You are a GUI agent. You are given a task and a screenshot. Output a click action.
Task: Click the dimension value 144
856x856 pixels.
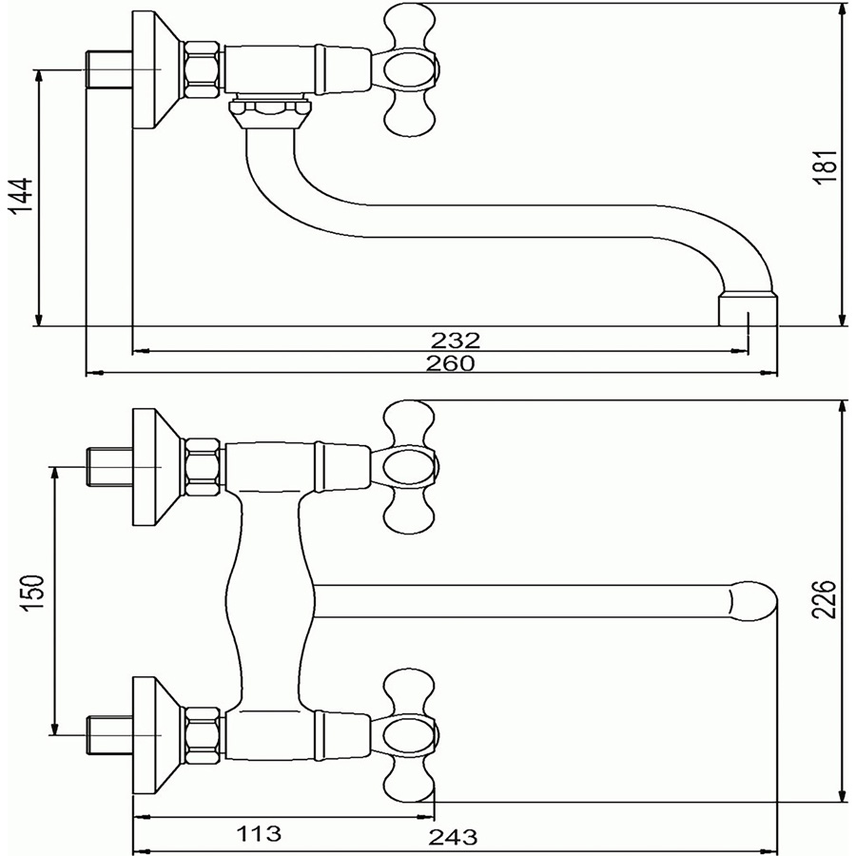point(21,197)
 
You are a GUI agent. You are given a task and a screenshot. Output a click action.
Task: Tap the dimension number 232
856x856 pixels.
point(456,340)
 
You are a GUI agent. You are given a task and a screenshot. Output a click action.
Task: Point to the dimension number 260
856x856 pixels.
point(451,363)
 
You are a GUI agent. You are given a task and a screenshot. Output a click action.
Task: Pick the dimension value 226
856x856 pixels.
point(824,599)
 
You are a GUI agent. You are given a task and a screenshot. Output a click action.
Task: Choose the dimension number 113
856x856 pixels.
point(259,833)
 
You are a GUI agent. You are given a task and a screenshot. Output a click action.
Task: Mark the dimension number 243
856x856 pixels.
point(453,836)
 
